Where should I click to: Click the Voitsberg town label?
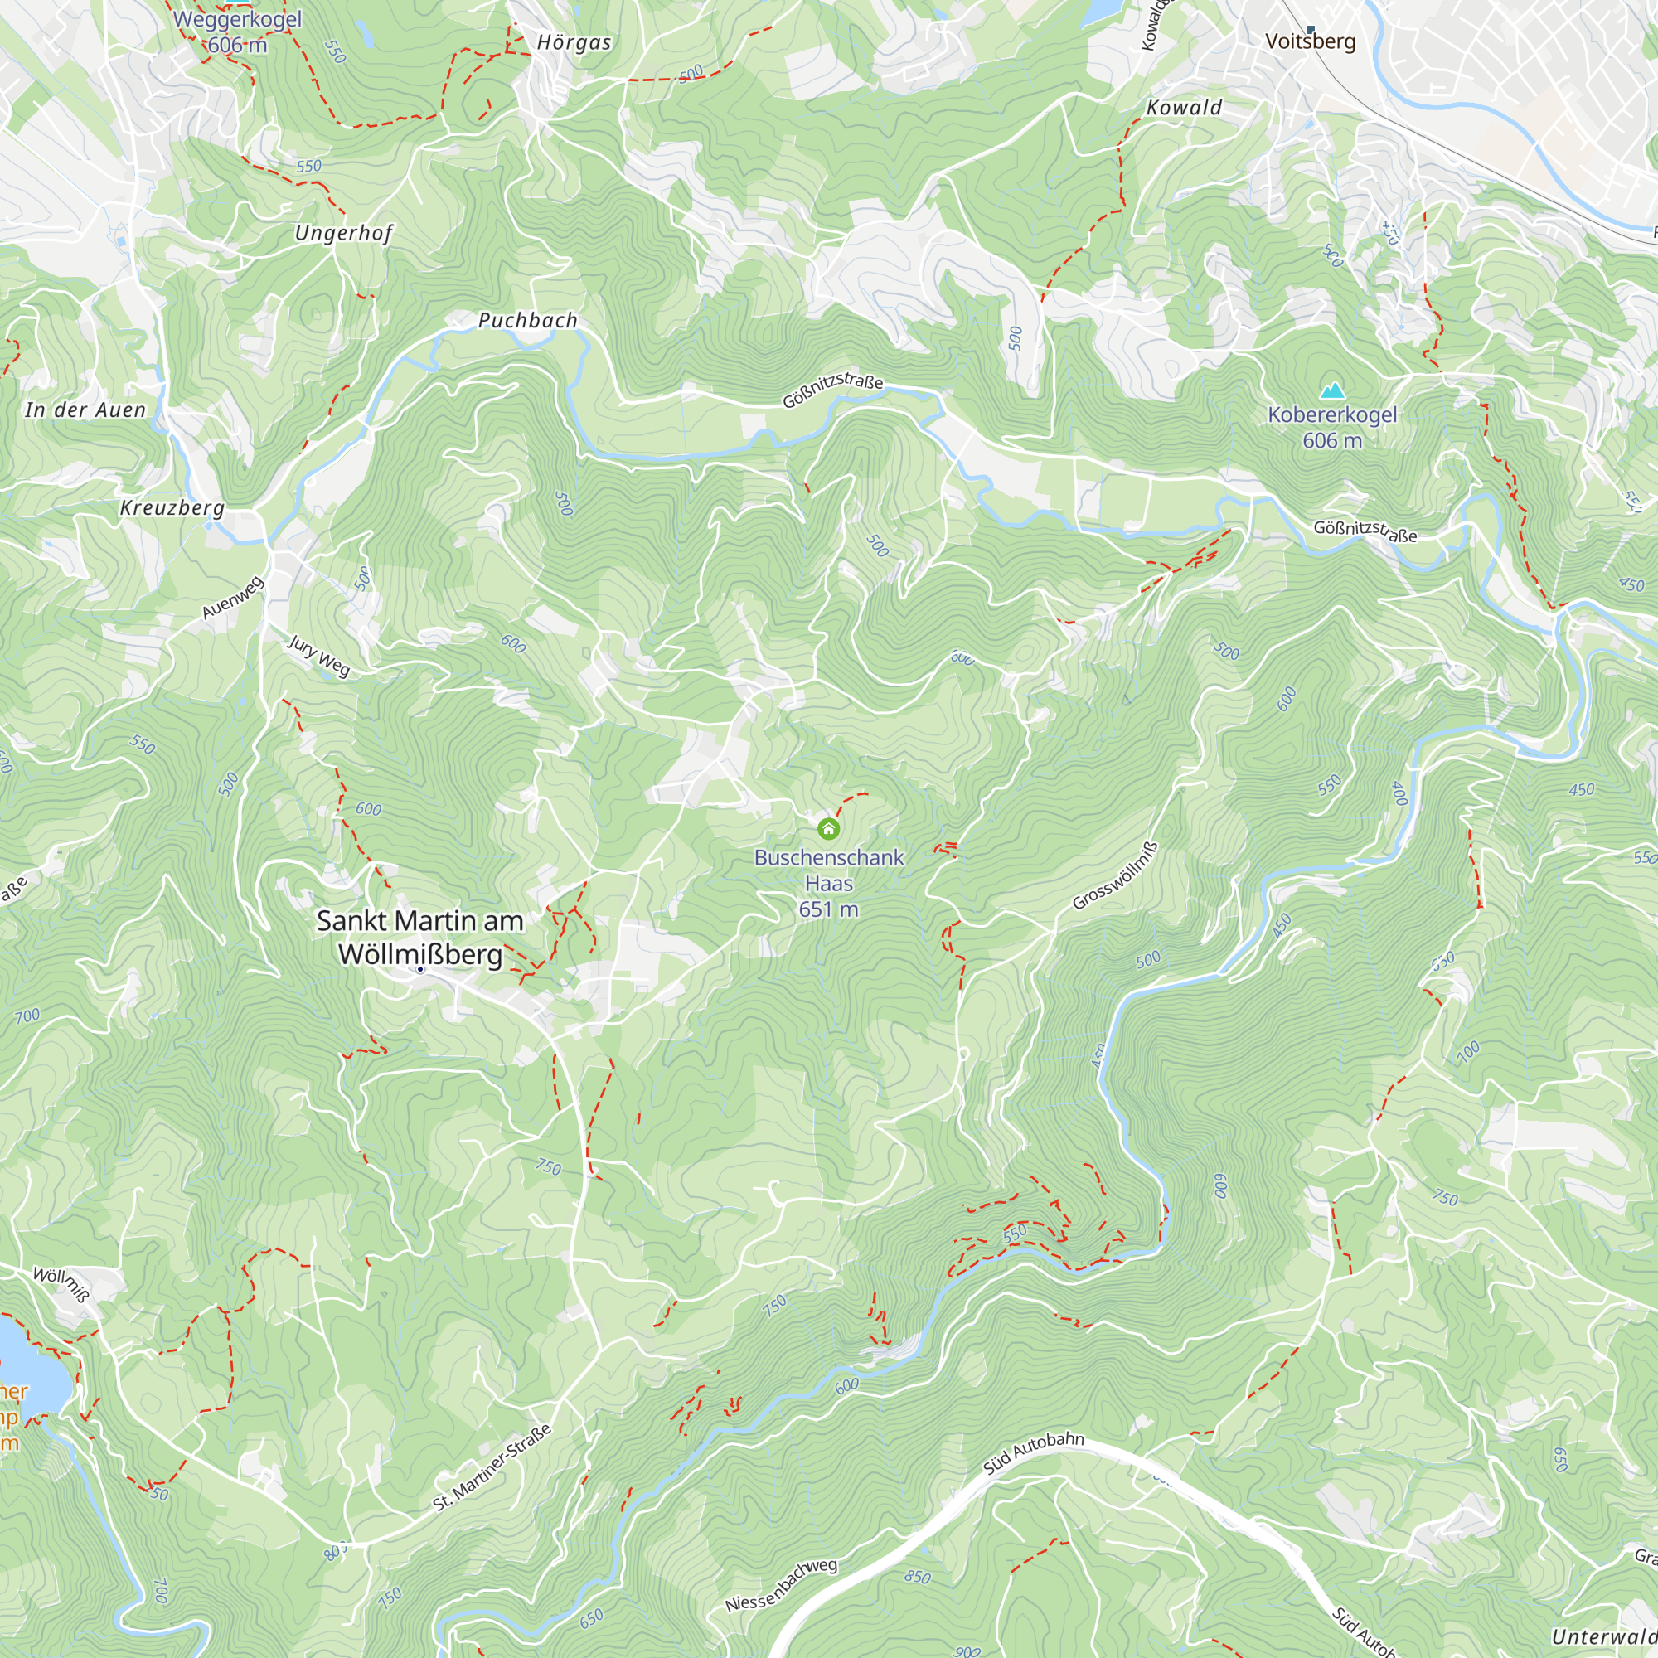coord(1311,41)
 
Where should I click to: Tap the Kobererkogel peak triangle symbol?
coord(1332,391)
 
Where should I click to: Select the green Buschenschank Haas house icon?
coord(828,828)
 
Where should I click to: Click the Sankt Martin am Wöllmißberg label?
coord(419,937)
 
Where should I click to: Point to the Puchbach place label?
coord(528,320)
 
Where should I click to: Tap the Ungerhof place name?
coord(343,233)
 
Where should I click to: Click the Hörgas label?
coord(574,43)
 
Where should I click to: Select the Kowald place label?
coord(1185,107)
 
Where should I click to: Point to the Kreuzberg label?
coord(172,507)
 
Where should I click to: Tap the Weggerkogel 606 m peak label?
coord(238,32)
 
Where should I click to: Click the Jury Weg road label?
coord(318,657)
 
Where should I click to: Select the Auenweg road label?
coord(233,599)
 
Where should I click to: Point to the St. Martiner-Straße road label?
coord(492,1467)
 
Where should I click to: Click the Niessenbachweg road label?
coord(781,1585)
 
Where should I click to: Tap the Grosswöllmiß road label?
coord(1115,876)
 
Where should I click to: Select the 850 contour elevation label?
coord(917,1577)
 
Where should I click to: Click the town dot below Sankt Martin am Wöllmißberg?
coord(420,969)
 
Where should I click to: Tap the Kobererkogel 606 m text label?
coord(1332,428)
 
